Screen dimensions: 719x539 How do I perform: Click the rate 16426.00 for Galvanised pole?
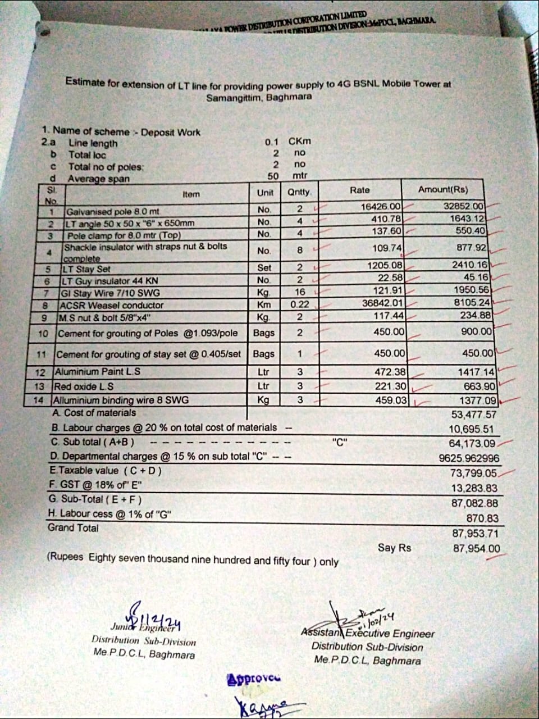coord(381,207)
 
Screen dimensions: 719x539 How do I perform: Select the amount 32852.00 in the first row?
coord(463,207)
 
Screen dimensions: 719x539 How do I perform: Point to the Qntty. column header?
coord(299,192)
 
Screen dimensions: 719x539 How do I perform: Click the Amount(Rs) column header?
coord(442,190)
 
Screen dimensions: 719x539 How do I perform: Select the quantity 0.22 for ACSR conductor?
coord(299,304)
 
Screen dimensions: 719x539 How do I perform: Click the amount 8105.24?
coord(471,302)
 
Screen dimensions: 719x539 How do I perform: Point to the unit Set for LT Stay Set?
coord(264,267)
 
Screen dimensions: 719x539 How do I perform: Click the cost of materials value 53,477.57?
coord(474,415)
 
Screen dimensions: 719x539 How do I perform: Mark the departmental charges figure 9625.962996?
coord(468,458)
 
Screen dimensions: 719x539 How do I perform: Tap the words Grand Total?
coord(73,528)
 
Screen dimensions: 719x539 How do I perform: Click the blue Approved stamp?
coord(254,679)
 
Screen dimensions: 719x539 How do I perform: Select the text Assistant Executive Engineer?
coord(368,634)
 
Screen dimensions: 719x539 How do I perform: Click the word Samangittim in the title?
coord(232,97)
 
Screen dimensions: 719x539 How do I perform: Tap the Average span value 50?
coord(273,176)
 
